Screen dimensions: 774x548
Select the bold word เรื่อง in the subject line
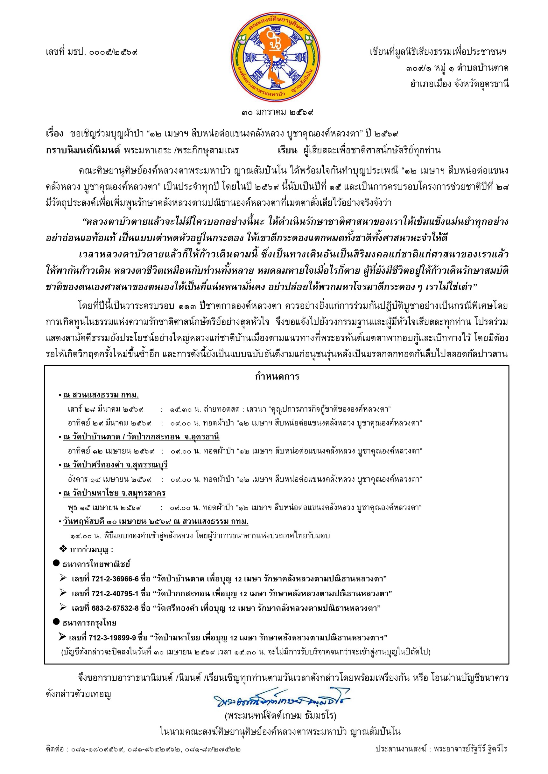54,134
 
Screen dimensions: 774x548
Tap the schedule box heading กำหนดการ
277,377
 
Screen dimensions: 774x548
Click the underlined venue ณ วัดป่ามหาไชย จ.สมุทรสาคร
114,493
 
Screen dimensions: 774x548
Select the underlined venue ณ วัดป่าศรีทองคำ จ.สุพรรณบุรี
115,465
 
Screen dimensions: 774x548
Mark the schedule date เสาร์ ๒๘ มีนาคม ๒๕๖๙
105,409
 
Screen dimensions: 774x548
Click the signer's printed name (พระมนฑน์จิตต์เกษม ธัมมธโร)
280,715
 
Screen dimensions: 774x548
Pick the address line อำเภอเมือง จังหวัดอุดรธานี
459,84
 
